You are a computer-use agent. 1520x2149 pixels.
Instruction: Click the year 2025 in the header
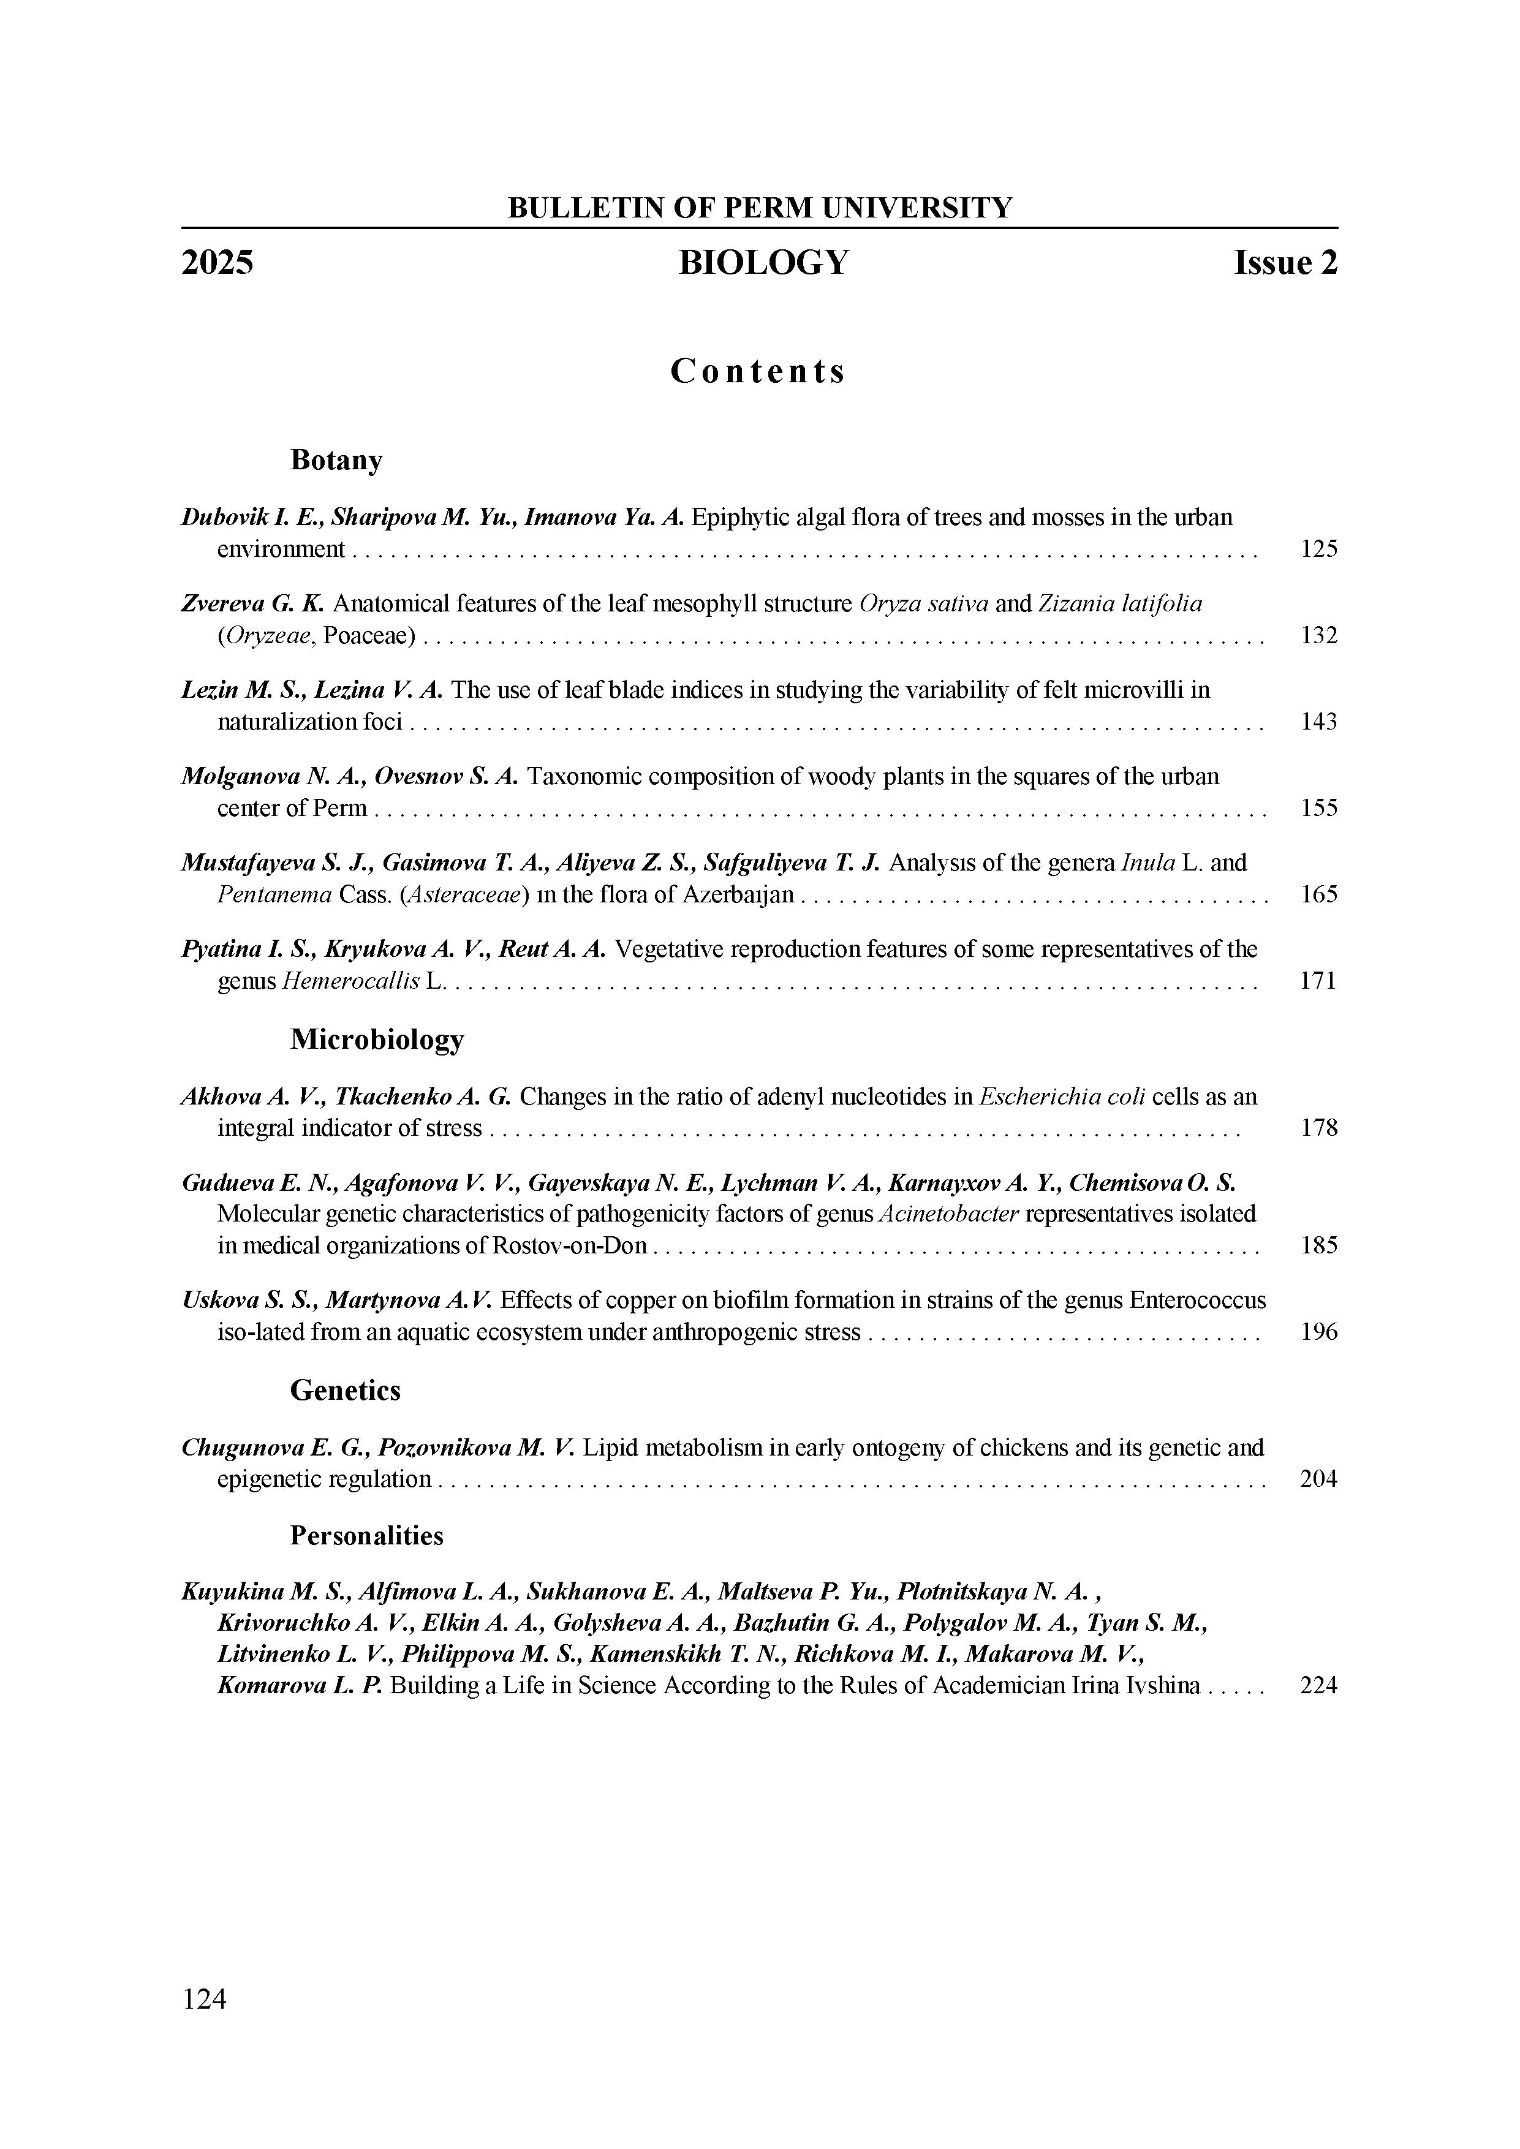click(217, 263)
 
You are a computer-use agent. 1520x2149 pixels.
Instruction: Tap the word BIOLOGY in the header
click(764, 263)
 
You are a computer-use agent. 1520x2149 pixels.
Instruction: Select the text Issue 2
click(1286, 263)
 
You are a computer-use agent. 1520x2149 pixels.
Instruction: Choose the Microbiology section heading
click(377, 1039)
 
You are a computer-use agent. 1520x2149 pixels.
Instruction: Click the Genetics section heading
click(346, 1391)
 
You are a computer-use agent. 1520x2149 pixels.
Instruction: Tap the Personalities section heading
click(367, 1536)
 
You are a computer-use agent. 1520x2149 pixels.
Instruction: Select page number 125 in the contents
click(1319, 548)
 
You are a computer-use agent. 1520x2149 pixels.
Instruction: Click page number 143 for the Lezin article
click(1319, 722)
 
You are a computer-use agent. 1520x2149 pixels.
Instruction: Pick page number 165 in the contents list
click(1319, 895)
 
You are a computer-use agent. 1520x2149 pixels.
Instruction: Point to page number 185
click(1319, 1246)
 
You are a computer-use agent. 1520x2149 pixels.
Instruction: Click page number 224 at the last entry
click(1319, 1686)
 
